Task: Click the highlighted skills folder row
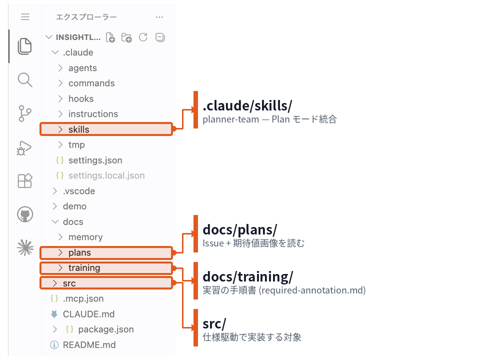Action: [106, 129]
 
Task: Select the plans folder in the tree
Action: [106, 253]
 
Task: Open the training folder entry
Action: [106, 268]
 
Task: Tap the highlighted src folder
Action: [106, 283]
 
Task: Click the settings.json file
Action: [95, 160]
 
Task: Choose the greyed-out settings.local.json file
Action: [106, 175]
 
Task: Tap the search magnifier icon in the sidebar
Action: [25, 80]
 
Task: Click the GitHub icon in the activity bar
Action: [25, 214]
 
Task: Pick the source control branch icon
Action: [24, 113]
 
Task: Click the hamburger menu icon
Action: [25, 17]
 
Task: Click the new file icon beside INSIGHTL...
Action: [110, 37]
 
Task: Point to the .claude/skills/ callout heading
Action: [247, 106]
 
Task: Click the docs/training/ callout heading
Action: [247, 276]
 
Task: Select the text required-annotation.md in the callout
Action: [312, 290]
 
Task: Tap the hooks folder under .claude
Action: [81, 98]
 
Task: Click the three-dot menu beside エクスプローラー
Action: [159, 17]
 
